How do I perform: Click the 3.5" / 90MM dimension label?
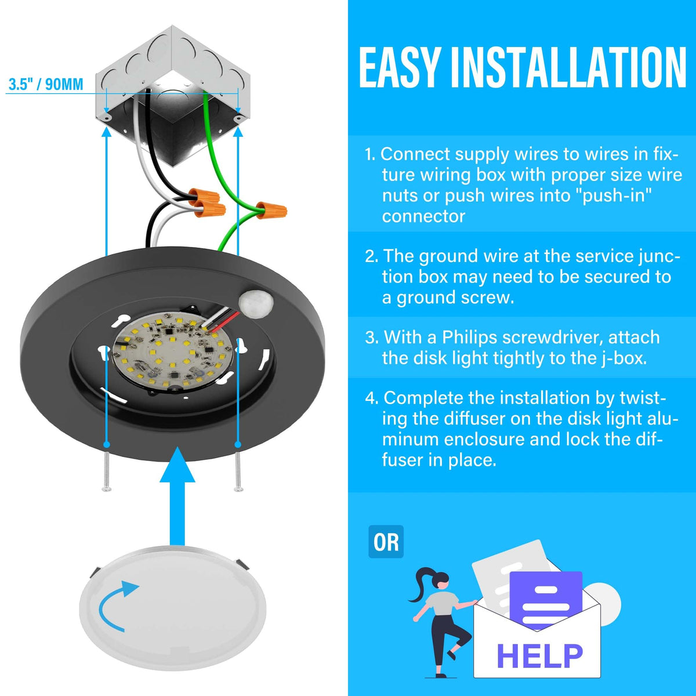point(46,84)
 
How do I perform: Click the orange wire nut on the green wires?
point(271,210)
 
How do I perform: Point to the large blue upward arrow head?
point(177,465)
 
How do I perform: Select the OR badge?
point(386,542)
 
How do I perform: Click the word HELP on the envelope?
point(539,655)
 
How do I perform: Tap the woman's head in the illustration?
point(441,582)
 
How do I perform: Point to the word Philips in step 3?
point(469,338)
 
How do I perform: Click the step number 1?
point(370,155)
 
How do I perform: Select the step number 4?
point(372,398)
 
